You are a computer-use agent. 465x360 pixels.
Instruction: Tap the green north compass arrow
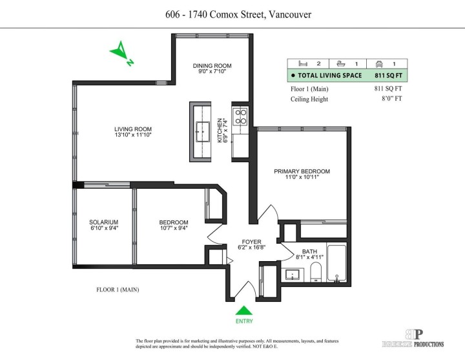tap(120, 52)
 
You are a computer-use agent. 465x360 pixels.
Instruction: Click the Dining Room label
tap(212, 66)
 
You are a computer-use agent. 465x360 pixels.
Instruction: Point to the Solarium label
tap(103, 222)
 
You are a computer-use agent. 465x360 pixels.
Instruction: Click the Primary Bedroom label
tap(302, 171)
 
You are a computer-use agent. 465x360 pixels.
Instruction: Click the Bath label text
tap(309, 251)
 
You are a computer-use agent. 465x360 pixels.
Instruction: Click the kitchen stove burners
tap(240, 116)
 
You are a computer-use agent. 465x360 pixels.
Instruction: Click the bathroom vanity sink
tap(292, 275)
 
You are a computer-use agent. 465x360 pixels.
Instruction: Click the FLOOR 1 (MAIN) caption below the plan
tap(118, 290)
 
